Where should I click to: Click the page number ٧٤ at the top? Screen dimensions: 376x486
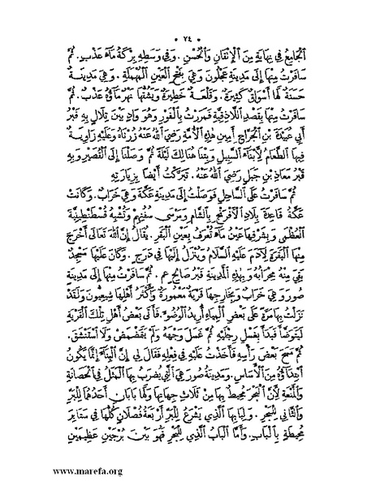click(x=189, y=15)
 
